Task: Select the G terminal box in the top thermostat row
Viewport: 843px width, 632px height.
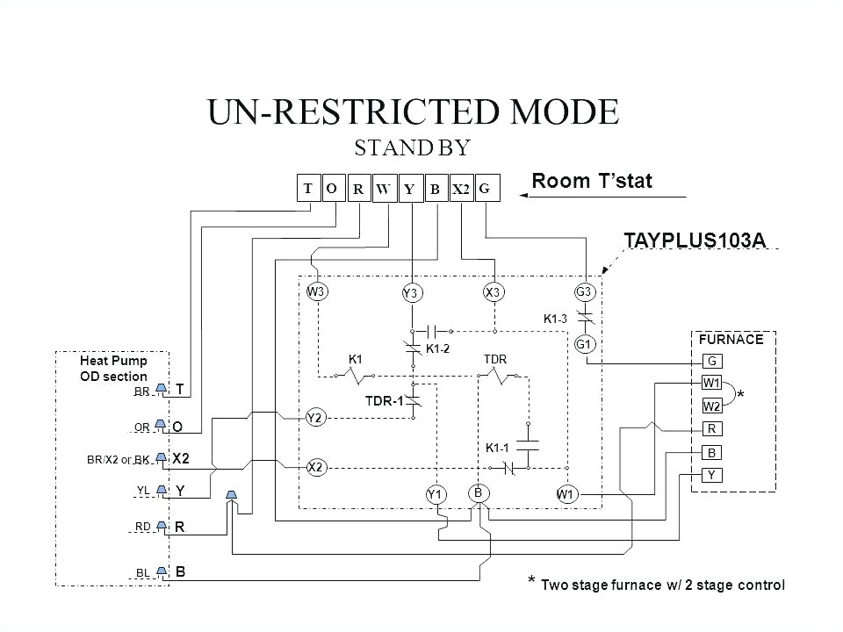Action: pos(488,188)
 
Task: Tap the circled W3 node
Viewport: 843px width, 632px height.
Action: pos(316,291)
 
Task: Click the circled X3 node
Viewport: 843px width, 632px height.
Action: pos(493,291)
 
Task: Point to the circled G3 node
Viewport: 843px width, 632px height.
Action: pos(585,291)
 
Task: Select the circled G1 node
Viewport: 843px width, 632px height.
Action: pos(585,345)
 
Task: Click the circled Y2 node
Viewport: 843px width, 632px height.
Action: pos(316,419)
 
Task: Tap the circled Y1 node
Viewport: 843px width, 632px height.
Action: pos(434,496)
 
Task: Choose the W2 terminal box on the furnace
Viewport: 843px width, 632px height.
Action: pos(711,406)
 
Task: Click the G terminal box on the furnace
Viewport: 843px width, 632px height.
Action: pos(711,361)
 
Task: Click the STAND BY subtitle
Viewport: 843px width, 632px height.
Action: pos(413,147)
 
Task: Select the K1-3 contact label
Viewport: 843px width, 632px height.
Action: pos(557,319)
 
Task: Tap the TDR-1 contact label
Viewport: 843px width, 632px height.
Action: pos(383,401)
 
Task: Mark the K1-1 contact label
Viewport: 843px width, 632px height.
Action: pos(498,448)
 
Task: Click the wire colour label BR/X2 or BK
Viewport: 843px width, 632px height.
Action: pos(119,459)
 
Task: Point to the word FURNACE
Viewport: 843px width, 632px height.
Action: pos(724,338)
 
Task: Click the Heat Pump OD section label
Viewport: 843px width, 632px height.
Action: pos(113,368)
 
